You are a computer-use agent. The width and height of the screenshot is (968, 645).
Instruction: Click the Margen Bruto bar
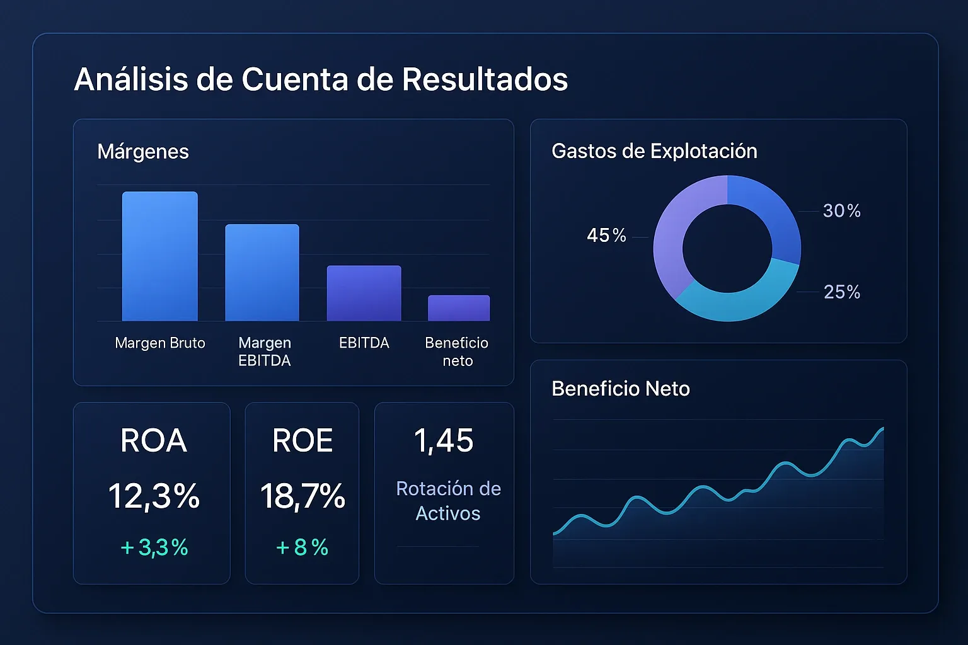[159, 256]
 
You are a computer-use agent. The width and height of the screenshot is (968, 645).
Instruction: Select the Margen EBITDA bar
[262, 273]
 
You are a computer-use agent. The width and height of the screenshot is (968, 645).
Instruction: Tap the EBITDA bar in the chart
[364, 293]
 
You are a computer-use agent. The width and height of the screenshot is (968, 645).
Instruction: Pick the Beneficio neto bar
[459, 308]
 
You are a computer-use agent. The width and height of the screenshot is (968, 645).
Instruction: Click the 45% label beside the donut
[606, 236]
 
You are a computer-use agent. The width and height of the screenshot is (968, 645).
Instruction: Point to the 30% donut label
[842, 211]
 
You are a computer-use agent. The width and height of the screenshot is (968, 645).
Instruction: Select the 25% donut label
[842, 292]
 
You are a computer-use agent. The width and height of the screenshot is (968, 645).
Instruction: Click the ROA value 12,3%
[154, 496]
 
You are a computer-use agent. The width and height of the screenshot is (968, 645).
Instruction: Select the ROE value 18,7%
[302, 496]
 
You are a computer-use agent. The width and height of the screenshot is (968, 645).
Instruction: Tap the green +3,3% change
[154, 547]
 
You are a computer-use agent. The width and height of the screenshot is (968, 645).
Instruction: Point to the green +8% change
[302, 547]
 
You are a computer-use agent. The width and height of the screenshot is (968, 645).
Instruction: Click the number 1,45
[444, 440]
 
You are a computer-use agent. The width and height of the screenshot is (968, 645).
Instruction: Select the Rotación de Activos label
[448, 501]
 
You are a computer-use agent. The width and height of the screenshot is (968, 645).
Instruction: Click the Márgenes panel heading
[143, 152]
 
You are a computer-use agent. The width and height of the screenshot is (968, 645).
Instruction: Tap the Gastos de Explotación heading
[654, 151]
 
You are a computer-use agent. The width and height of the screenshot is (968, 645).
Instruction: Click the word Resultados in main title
[485, 79]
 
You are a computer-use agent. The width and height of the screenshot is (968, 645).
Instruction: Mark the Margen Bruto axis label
[160, 343]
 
